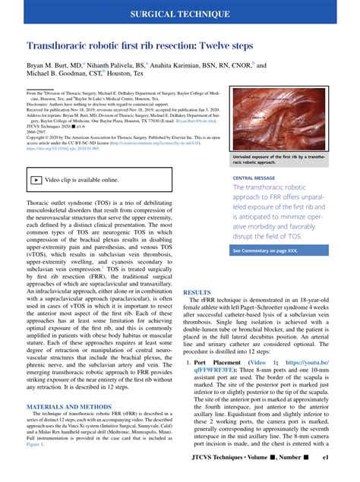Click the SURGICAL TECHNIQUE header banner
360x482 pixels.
coord(180,14)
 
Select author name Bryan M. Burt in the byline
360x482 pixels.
coord(54,66)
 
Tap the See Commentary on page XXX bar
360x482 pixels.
coord(271,250)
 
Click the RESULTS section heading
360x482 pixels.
coord(197,292)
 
